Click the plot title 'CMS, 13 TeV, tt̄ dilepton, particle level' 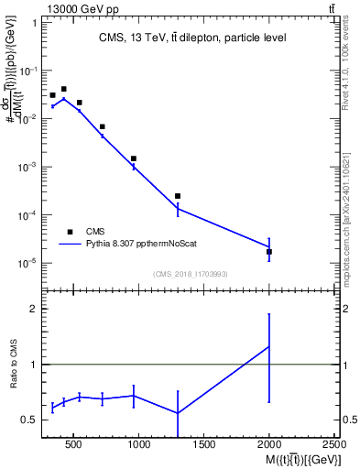(192, 38)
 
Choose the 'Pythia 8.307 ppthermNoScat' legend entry (146, 245)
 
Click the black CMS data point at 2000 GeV (269, 251)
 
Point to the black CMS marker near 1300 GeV (178, 196)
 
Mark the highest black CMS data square (63, 89)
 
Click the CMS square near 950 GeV (134, 158)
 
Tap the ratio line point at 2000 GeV (269, 346)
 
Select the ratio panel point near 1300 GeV (178, 413)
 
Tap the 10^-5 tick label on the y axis (26, 264)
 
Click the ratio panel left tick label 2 (32, 309)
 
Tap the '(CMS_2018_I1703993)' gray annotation (191, 274)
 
